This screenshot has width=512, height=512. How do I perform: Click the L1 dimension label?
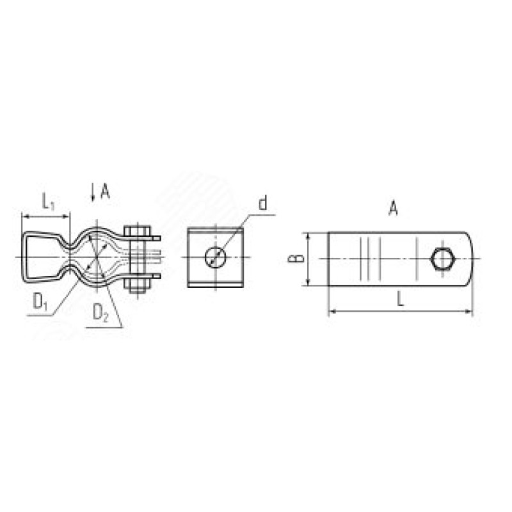pyautogui.click(x=48, y=202)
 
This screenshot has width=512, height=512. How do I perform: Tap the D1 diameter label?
pyautogui.click(x=40, y=301)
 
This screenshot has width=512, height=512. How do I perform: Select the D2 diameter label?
pyautogui.click(x=100, y=313)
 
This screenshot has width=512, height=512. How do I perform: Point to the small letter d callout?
pyautogui.click(x=262, y=203)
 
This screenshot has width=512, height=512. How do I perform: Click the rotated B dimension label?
pyautogui.click(x=296, y=259)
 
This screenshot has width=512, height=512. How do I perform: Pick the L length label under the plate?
pyautogui.click(x=401, y=298)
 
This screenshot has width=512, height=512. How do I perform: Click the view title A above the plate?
pyautogui.click(x=394, y=208)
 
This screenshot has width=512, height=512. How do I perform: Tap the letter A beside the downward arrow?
pyautogui.click(x=105, y=191)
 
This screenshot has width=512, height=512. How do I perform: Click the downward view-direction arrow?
pyautogui.click(x=93, y=192)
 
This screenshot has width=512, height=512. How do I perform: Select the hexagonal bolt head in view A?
pyautogui.click(x=442, y=259)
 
